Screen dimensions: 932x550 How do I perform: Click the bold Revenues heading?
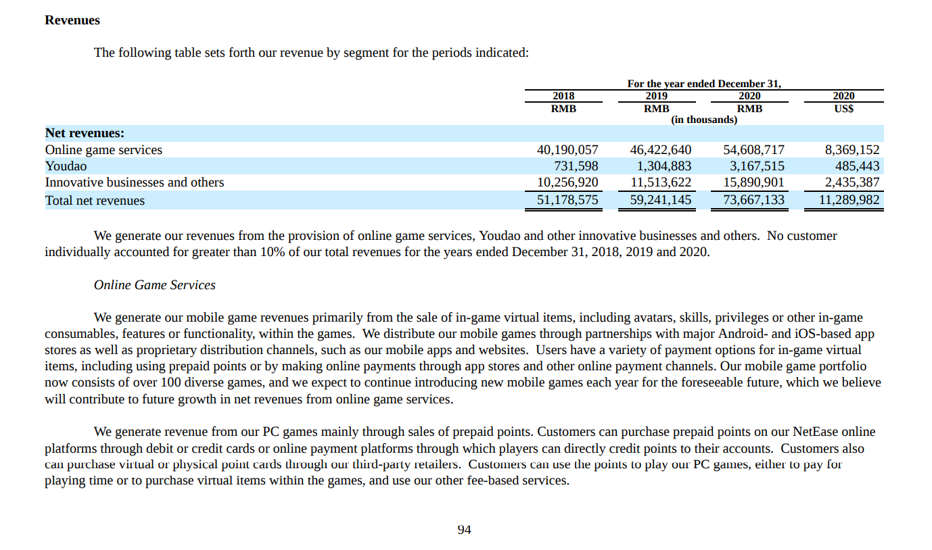[72, 20]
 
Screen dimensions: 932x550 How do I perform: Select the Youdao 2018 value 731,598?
[576, 166]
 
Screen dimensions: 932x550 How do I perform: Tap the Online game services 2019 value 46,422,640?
[660, 149]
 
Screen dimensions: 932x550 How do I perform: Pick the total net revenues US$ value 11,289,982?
[849, 200]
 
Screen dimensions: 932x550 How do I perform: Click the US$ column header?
[844, 109]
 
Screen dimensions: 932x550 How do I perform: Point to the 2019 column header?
[657, 96]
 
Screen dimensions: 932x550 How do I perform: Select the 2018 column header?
[563, 96]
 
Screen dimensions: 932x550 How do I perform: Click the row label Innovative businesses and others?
[135, 182]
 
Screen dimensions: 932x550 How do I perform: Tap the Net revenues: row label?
[85, 133]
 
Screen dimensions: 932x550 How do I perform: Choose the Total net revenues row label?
[95, 201]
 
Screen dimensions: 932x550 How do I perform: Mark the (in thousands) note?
[704, 120]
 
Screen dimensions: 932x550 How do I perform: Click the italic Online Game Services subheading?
[154, 284]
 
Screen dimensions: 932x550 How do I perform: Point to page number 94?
[465, 530]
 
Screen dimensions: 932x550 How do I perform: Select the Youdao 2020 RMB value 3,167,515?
[758, 166]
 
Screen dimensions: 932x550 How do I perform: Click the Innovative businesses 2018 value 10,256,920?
[567, 182]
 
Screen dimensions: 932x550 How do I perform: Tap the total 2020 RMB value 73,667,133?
[753, 200]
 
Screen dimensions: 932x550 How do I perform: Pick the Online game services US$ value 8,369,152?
[852, 149]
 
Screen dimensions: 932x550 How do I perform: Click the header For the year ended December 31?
[704, 84]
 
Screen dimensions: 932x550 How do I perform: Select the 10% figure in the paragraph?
[273, 252]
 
